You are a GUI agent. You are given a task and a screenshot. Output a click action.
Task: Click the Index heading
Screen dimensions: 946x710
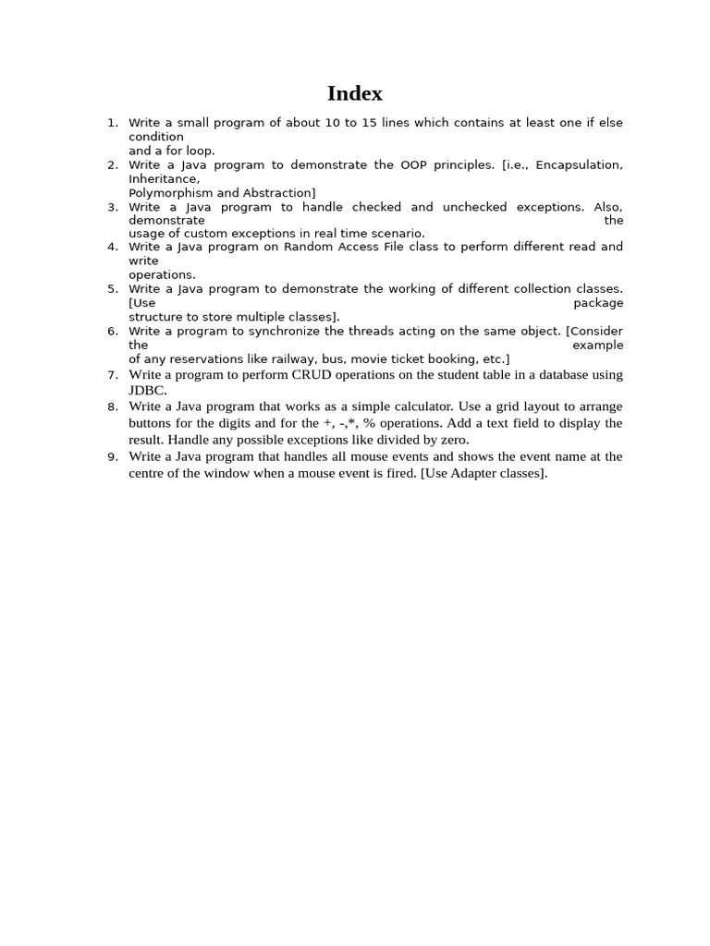(x=354, y=93)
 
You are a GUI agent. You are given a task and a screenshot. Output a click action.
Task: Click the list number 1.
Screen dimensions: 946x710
(x=112, y=123)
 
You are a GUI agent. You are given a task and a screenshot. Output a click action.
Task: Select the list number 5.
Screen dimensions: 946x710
(x=112, y=289)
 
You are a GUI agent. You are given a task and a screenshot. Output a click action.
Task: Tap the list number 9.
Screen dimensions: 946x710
(x=112, y=456)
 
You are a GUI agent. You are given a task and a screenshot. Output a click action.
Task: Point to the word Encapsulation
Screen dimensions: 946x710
(x=578, y=165)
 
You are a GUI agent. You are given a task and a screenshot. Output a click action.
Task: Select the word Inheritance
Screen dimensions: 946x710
(x=163, y=179)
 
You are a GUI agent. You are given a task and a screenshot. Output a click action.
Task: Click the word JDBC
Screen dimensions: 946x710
(x=146, y=391)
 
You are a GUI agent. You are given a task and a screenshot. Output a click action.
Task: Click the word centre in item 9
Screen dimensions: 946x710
(x=148, y=473)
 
